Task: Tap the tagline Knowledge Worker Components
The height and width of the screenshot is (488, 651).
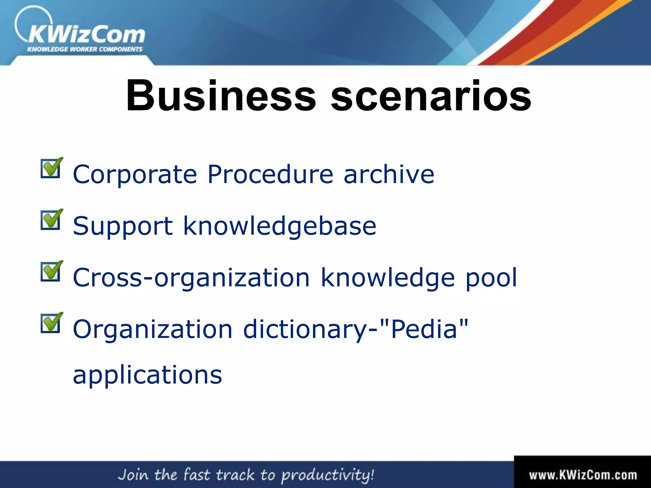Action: [x=85, y=49]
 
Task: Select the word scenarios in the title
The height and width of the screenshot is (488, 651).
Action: [x=431, y=96]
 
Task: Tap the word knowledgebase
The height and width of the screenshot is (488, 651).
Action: [x=280, y=226]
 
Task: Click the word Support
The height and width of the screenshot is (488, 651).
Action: [x=123, y=226]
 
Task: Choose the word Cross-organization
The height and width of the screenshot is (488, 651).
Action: [x=191, y=278]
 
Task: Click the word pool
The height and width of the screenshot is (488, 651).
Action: [x=491, y=278]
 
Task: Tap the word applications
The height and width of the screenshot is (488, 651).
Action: [x=147, y=375]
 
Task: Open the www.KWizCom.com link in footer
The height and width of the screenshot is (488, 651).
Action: [x=583, y=475]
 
